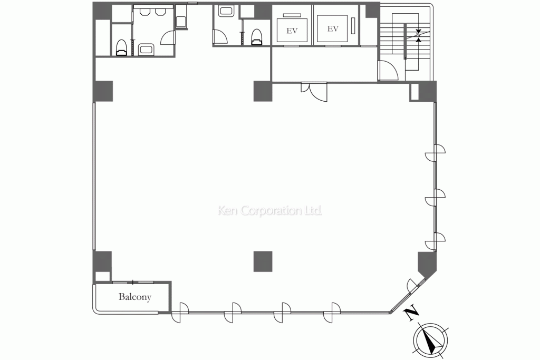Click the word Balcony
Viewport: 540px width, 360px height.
134,297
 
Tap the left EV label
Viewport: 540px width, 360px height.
292,31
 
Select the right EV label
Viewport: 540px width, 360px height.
333,29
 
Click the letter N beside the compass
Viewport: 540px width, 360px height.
411,313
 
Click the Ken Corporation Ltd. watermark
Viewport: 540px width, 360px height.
270,210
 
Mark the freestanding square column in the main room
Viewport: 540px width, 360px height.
263,261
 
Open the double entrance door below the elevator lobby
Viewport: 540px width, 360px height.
314,92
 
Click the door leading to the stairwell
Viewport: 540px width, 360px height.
388,71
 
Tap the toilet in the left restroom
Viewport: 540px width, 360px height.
121,48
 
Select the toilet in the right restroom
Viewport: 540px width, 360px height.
257,37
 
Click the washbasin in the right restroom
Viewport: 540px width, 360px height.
226,11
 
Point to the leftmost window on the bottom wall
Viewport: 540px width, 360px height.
180,313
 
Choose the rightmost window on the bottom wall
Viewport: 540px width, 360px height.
332,313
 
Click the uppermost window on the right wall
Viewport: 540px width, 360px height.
435,153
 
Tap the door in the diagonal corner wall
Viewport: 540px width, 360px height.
415,286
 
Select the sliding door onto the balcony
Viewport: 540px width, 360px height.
133,283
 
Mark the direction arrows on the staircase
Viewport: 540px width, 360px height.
418,35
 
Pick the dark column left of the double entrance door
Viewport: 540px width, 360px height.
263,91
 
